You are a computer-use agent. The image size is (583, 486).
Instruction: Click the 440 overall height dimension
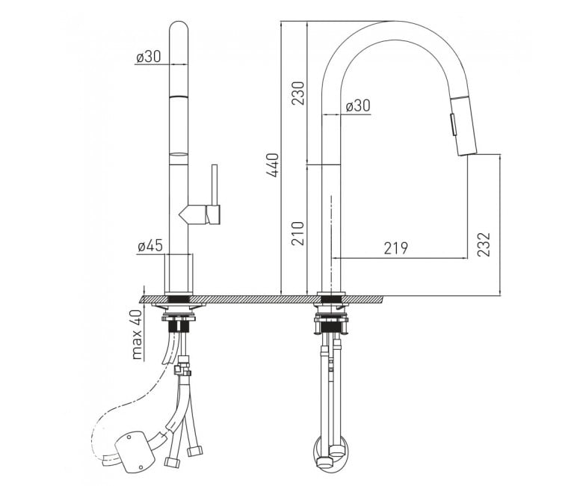(x=273, y=164)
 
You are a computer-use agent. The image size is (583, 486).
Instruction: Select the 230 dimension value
(x=298, y=93)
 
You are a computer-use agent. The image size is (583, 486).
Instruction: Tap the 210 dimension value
(x=298, y=233)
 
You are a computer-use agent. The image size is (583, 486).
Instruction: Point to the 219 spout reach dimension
(x=395, y=248)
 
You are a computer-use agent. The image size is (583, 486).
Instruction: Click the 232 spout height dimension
(x=484, y=244)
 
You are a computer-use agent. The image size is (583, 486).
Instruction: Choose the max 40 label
(x=138, y=334)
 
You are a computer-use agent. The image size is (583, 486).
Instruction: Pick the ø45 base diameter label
(x=150, y=246)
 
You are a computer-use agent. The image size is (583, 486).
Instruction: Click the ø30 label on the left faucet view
(x=148, y=57)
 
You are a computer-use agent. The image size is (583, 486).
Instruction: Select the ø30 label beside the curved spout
(x=358, y=105)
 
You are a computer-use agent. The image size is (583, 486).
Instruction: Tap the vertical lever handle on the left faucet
(x=215, y=184)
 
